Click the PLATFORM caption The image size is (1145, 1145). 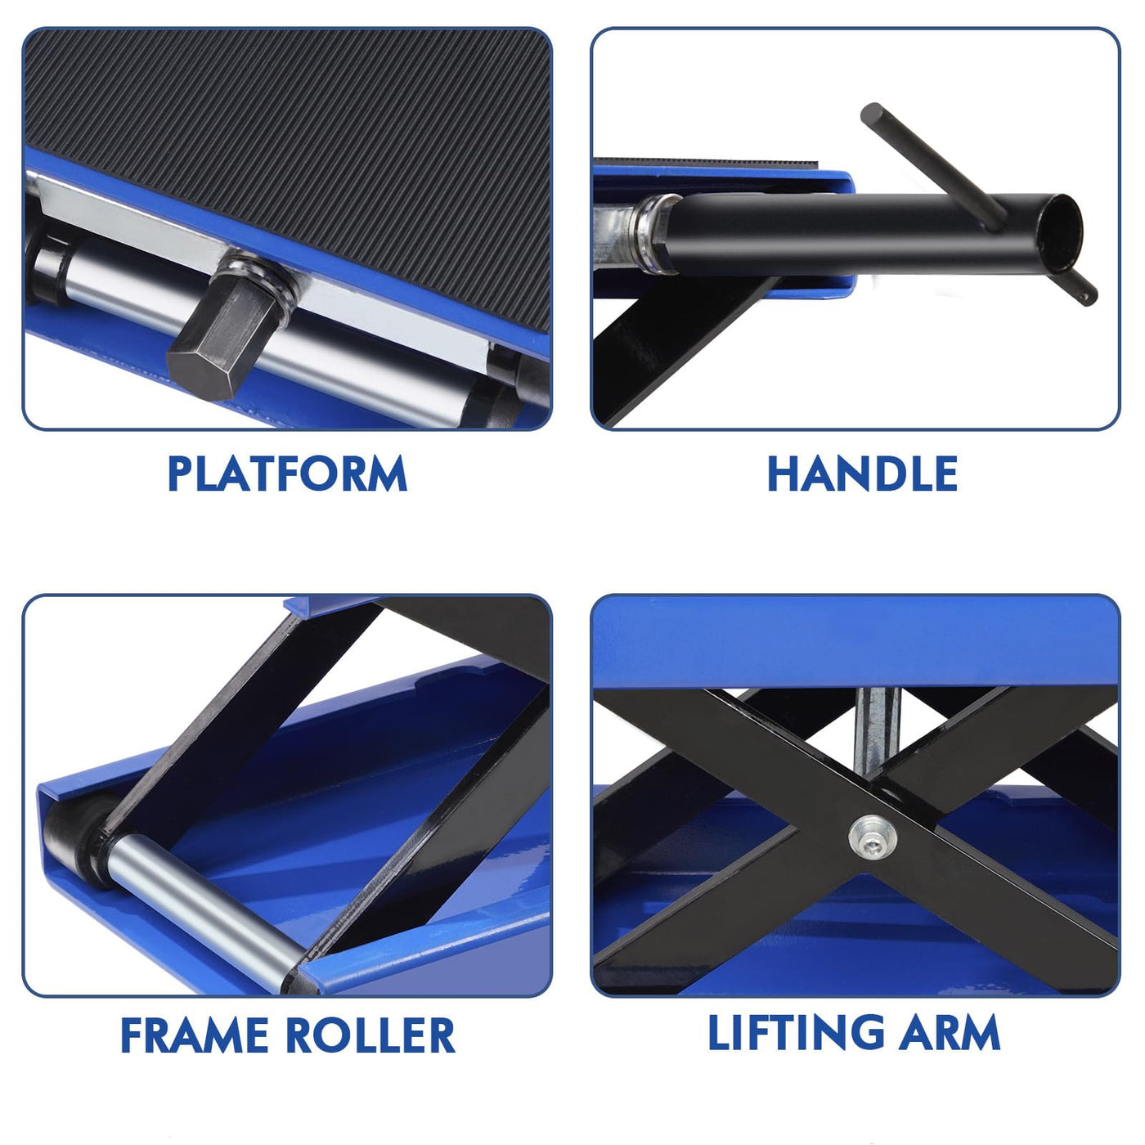[288, 473]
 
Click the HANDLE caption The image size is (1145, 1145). [862, 473]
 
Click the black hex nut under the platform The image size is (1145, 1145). [227, 327]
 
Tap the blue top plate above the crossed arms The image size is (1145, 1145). [855, 643]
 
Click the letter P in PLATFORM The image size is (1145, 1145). [181, 474]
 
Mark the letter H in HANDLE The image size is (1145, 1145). [784, 474]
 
